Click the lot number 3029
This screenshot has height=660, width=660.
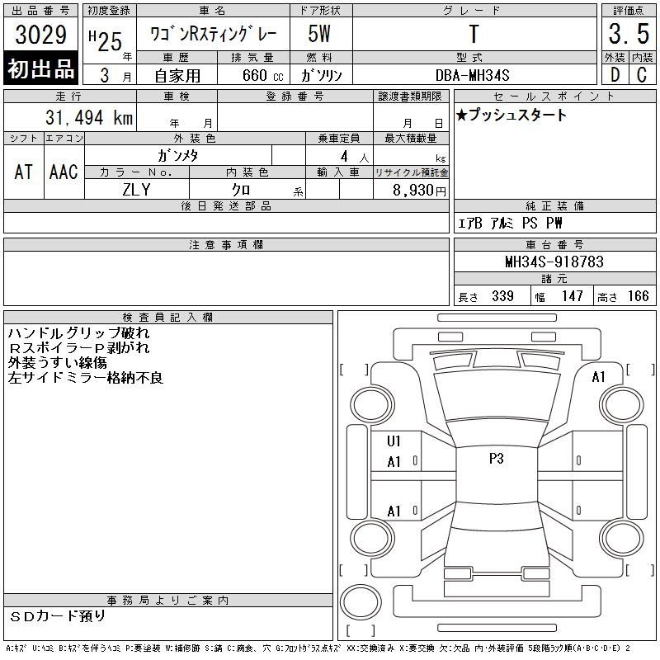(x=40, y=35)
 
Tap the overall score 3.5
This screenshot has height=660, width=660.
(x=629, y=34)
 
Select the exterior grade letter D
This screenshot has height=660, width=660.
(x=615, y=75)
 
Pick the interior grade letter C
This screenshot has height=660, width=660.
(x=642, y=75)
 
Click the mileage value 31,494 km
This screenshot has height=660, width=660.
(x=89, y=117)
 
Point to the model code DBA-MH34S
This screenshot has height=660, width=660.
(x=472, y=75)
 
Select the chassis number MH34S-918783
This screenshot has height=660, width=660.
(x=554, y=262)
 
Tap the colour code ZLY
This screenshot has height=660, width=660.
(x=136, y=190)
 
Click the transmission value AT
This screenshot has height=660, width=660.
(x=23, y=172)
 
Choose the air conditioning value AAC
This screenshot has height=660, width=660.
(x=64, y=172)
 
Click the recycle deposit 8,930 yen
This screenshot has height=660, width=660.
(x=419, y=191)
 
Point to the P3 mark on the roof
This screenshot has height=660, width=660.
(x=497, y=459)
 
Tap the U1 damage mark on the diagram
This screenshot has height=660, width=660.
(x=394, y=441)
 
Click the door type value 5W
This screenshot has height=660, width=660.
(x=319, y=34)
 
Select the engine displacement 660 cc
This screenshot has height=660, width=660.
(x=263, y=75)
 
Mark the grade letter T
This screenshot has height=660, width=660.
(x=474, y=34)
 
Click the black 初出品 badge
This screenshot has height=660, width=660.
(x=40, y=68)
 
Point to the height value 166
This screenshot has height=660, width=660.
(x=638, y=296)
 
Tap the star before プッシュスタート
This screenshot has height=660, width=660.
(x=462, y=115)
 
